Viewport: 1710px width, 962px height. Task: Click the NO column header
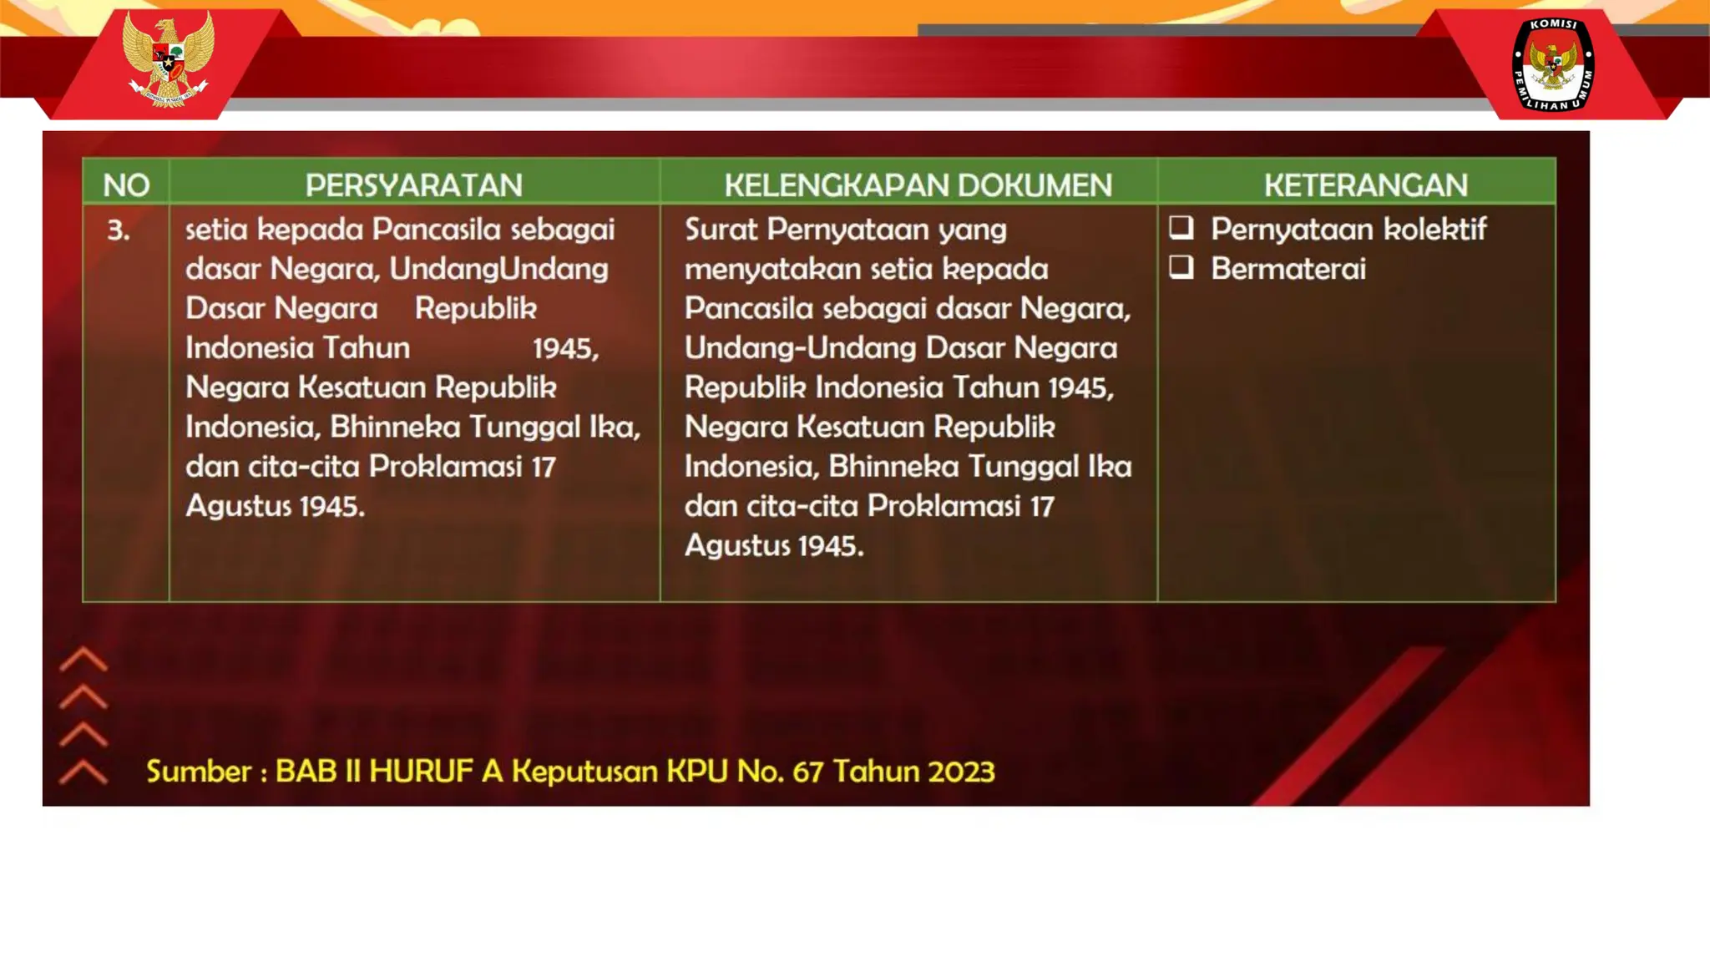coord(126,185)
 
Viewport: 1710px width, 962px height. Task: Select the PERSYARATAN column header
coord(413,185)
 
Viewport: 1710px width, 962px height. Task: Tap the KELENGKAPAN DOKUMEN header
coord(918,185)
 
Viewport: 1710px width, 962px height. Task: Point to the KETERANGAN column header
coord(1365,185)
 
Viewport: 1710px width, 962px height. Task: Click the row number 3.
coord(119,230)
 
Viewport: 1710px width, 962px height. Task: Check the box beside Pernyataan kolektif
coord(1181,228)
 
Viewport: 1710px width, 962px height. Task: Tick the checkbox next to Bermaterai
coord(1181,267)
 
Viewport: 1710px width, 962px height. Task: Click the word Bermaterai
coord(1288,269)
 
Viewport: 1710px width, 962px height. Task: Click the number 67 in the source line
coord(808,771)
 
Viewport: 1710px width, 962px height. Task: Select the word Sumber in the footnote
coord(199,771)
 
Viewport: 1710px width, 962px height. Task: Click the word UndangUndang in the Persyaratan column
coord(498,269)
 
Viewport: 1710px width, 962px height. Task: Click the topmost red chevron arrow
coord(83,660)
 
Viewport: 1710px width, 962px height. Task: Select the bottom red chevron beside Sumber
coord(83,772)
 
